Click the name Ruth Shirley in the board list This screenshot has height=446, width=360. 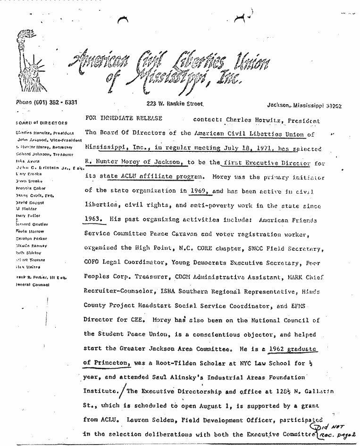click(x=27, y=252)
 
